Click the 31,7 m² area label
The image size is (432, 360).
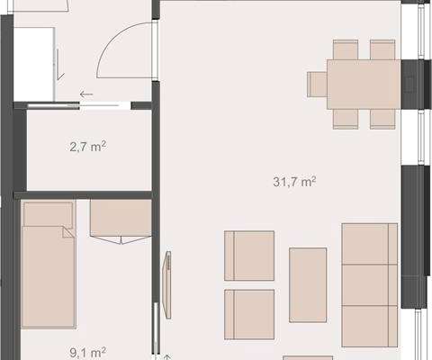294,182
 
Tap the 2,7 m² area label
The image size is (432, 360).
87,147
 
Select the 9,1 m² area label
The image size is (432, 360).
87,352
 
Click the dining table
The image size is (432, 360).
364,85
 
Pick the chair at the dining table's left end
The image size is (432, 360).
317,85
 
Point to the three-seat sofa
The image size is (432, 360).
370,284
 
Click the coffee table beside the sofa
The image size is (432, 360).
308,285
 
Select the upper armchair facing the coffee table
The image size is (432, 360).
249,256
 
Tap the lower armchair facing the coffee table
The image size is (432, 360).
249,314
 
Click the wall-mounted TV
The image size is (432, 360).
167,284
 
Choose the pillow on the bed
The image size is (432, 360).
48,215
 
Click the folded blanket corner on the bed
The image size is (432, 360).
67,232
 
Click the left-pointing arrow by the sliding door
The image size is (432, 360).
86,94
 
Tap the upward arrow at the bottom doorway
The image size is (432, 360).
167,357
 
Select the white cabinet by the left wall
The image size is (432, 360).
34,64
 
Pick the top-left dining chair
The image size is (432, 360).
346,49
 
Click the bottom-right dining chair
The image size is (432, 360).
382,119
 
